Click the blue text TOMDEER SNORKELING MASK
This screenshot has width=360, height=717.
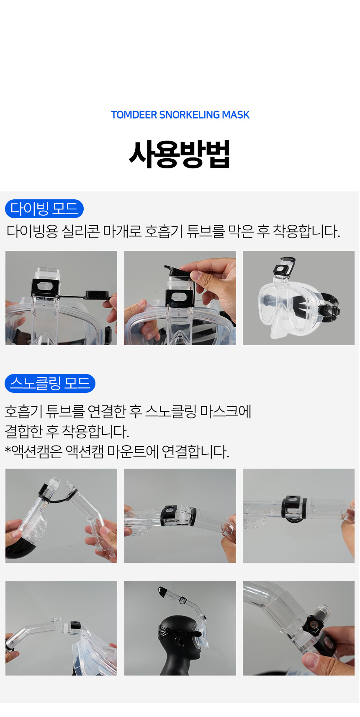point(180,115)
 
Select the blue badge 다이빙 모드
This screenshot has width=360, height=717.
point(44,209)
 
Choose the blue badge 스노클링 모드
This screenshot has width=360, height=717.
point(50,383)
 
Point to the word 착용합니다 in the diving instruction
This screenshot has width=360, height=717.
point(306,231)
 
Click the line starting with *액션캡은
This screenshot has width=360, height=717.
point(117,451)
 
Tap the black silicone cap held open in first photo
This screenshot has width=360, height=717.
point(97,294)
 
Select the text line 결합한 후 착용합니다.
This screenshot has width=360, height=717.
point(67,431)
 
